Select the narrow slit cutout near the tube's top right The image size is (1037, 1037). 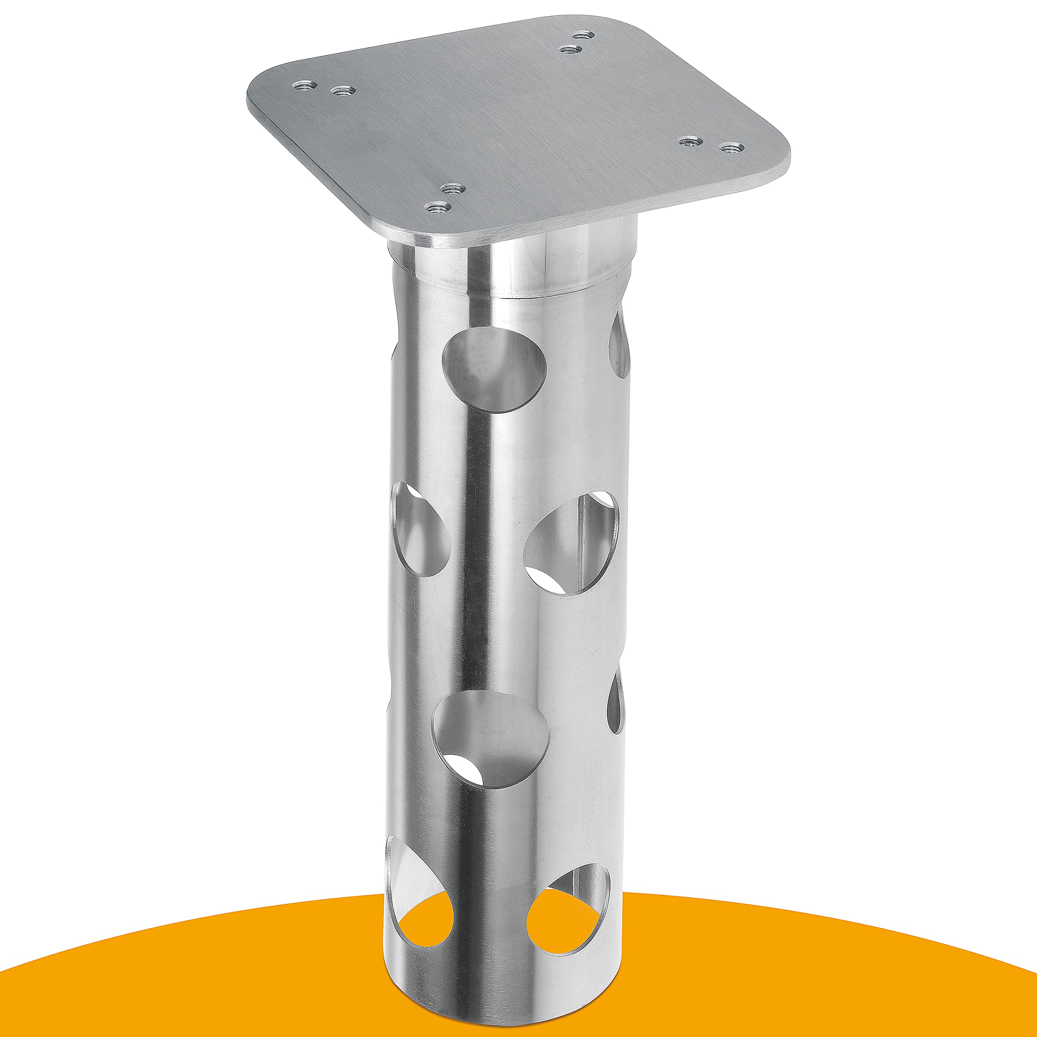click(x=619, y=344)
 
